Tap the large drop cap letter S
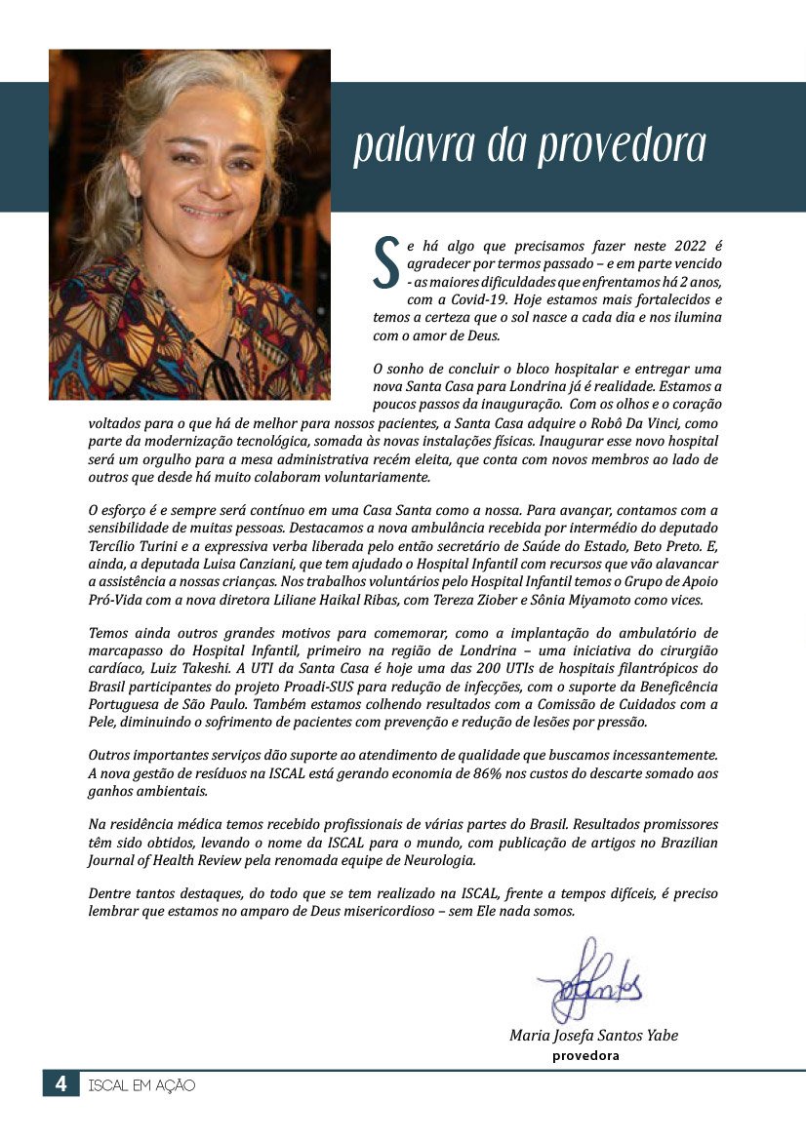(x=387, y=262)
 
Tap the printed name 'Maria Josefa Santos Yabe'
(x=593, y=1035)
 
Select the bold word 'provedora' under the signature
(x=585, y=1054)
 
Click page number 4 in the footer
(x=60, y=1083)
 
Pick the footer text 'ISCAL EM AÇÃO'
(x=141, y=1084)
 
